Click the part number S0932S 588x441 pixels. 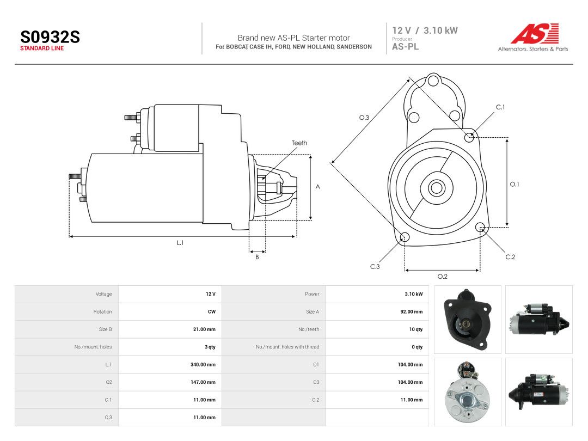pyautogui.click(x=50, y=37)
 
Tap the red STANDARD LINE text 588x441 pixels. pyautogui.click(x=42, y=48)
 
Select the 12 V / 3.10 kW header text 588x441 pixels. pyautogui.click(x=425, y=30)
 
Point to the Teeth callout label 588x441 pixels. pyautogui.click(x=299, y=143)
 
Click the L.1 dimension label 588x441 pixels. pyautogui.click(x=180, y=243)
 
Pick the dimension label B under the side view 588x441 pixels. pyautogui.click(x=257, y=257)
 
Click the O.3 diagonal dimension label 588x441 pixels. pyautogui.click(x=364, y=118)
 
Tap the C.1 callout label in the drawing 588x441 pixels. pyautogui.click(x=500, y=107)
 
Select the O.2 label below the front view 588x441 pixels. pyautogui.click(x=443, y=277)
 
